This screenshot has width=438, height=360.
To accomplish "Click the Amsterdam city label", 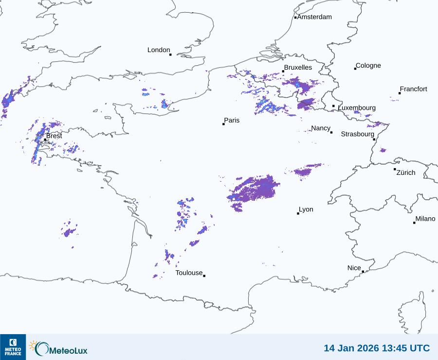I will coord(314,17).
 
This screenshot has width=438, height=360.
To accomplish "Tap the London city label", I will coord(159,50).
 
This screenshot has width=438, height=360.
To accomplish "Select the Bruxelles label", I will coord(298,68).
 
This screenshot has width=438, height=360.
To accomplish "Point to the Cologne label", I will coord(368,66).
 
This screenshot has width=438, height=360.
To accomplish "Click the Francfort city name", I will coord(413,89).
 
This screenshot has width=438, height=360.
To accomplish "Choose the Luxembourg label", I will coord(357,108).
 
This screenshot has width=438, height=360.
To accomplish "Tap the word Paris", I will coord(232,120).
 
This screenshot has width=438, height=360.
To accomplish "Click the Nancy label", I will coord(321,128).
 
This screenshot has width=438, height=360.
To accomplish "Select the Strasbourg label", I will coord(357,134).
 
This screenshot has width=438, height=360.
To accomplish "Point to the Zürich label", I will coord(406,172).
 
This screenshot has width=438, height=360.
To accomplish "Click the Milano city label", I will coord(425,219).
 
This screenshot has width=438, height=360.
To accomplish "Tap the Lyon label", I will coord(306,209).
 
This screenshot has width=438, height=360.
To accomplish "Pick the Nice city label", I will coord(354,268).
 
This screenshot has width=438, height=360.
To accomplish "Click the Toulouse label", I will coord(189,273).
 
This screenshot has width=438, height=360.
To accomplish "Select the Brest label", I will coord(54,136).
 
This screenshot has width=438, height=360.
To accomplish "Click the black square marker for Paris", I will coord(223,124).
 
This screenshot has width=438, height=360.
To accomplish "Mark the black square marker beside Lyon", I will coord(298,213).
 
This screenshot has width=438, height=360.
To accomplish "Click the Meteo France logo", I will coord(13,347).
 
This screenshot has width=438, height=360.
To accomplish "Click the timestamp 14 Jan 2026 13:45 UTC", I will coord(377,348).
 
